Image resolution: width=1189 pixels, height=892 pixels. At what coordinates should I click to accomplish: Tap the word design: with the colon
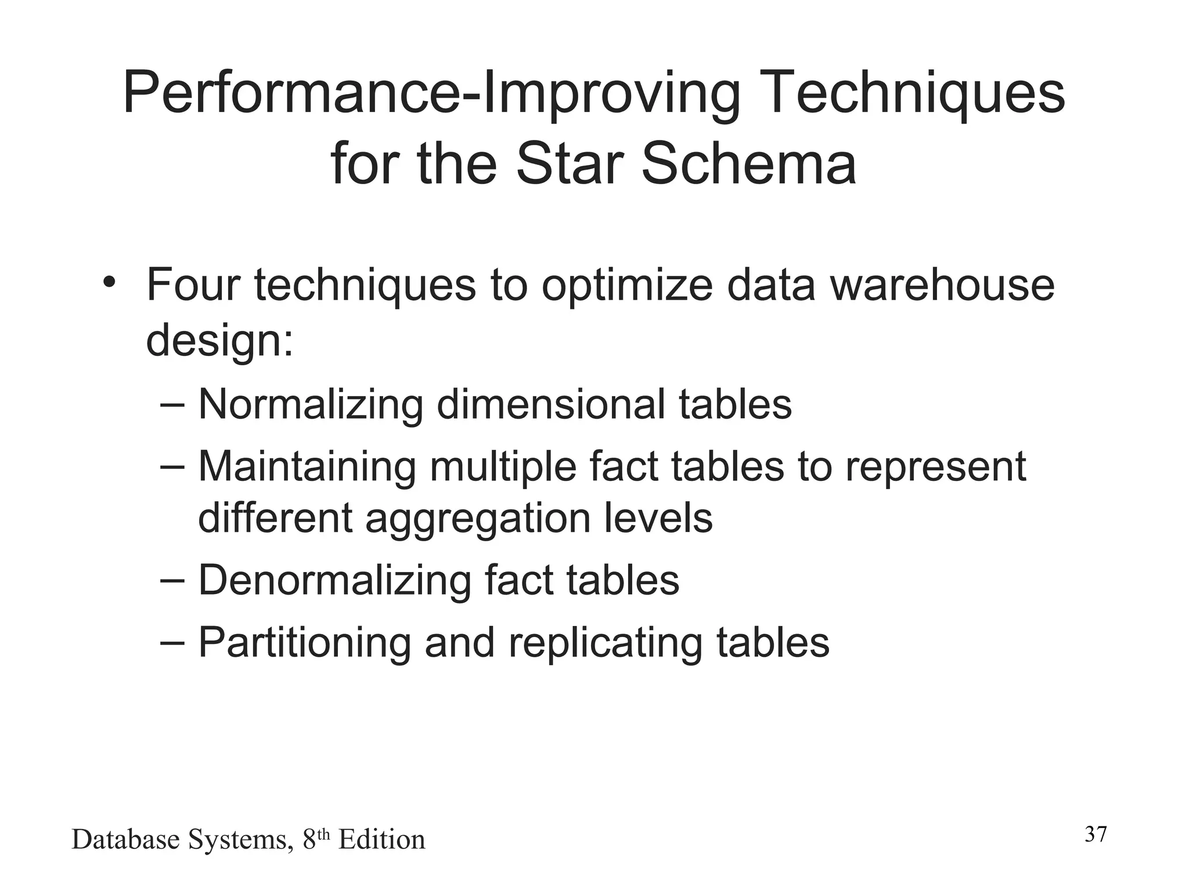[220, 341]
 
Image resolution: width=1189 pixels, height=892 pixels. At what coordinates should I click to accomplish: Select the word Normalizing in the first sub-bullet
[311, 404]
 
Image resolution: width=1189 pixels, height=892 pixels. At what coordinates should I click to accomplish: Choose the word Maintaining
[307, 466]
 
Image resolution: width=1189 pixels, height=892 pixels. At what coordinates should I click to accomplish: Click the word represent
[935, 467]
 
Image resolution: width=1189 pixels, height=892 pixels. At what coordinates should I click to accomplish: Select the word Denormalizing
[334, 580]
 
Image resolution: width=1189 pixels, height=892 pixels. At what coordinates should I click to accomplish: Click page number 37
[1096, 835]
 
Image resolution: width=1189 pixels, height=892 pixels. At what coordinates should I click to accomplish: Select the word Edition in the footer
[382, 840]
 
